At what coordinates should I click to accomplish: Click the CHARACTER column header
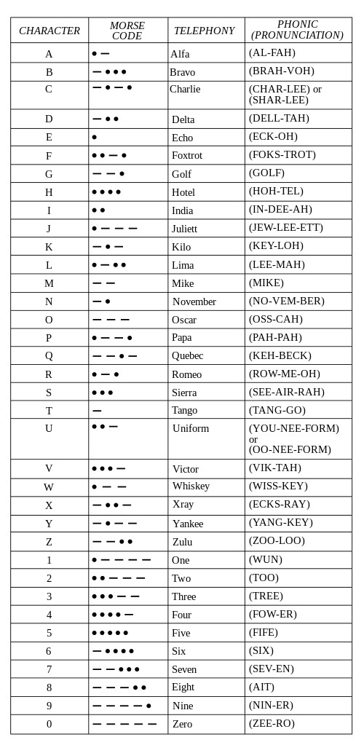50,31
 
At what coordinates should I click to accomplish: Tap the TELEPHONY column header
204,31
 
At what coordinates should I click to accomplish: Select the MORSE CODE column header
127,31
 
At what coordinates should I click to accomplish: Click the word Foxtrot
187,155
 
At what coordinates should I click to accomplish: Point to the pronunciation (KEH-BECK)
280,355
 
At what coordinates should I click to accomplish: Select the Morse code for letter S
103,393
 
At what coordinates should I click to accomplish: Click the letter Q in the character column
49,356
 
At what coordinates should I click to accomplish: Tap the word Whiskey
191,486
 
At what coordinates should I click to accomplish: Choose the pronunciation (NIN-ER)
271,705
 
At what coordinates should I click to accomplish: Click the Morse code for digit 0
124,724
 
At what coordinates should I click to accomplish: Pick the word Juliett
184,229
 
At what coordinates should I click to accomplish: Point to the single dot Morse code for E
95,137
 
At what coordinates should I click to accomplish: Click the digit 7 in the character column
49,669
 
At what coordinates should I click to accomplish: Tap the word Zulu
182,542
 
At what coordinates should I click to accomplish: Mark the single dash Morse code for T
97,411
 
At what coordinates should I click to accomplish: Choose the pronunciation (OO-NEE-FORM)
290,449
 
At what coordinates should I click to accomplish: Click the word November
194,301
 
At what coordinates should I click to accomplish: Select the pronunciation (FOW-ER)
273,614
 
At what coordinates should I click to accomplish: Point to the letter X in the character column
49,505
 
